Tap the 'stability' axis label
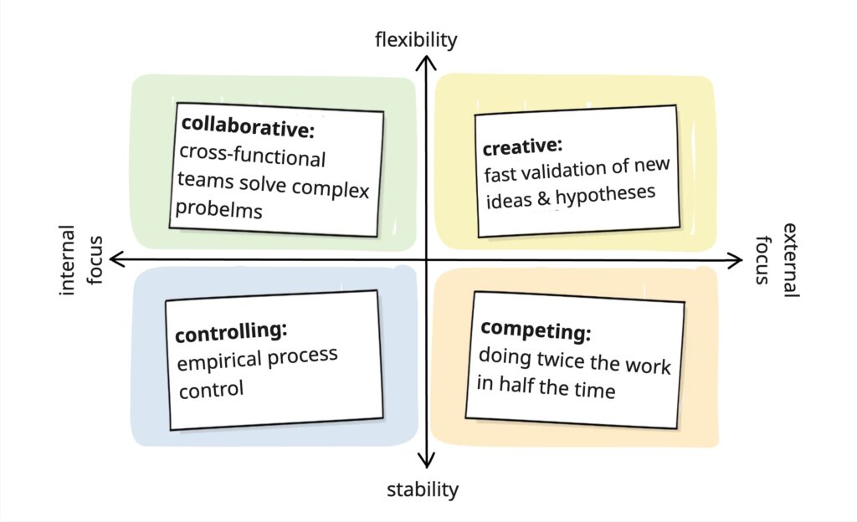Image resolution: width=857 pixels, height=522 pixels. [423, 489]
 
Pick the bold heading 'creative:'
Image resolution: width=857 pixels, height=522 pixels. [519, 147]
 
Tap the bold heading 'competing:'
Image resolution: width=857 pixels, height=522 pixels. [536, 330]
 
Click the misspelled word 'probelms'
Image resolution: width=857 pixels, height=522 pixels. [219, 210]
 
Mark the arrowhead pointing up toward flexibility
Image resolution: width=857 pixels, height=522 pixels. [427, 62]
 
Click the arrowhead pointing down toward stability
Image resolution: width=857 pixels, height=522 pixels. [427, 460]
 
